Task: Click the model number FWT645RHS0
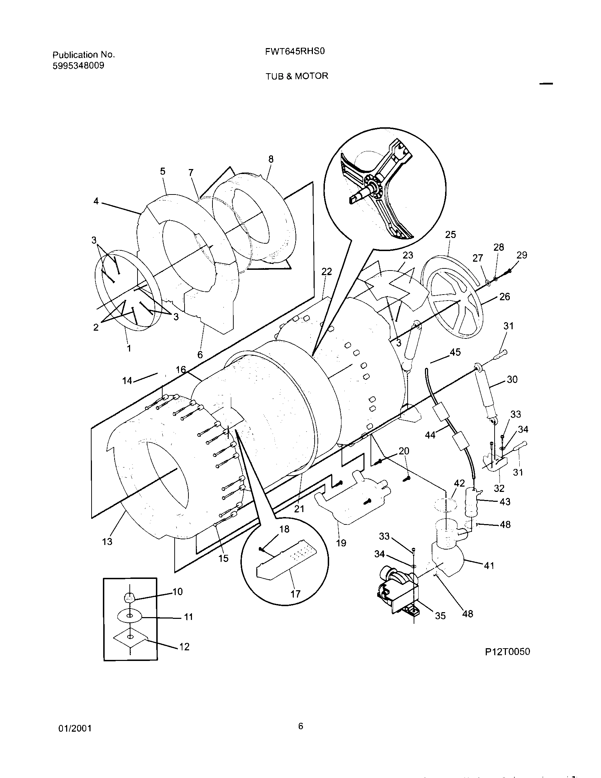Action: pyautogui.click(x=295, y=52)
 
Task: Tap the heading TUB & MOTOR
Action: pyautogui.click(x=297, y=76)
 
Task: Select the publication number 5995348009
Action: pyautogui.click(x=78, y=65)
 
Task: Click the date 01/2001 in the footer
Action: pyautogui.click(x=75, y=728)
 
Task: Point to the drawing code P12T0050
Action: pyautogui.click(x=507, y=651)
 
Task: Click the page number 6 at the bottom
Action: pyautogui.click(x=300, y=726)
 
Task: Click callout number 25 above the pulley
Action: pyautogui.click(x=450, y=234)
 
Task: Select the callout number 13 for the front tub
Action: pyautogui.click(x=107, y=541)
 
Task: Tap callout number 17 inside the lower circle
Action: pyautogui.click(x=296, y=594)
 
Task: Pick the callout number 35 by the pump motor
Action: pyautogui.click(x=440, y=616)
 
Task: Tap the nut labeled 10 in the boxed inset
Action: pyautogui.click(x=129, y=597)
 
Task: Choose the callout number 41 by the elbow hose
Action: pyautogui.click(x=489, y=565)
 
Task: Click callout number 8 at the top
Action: pyautogui.click(x=271, y=159)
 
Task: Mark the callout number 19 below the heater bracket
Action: pyautogui.click(x=341, y=543)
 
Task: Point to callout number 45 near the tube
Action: pyautogui.click(x=455, y=352)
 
